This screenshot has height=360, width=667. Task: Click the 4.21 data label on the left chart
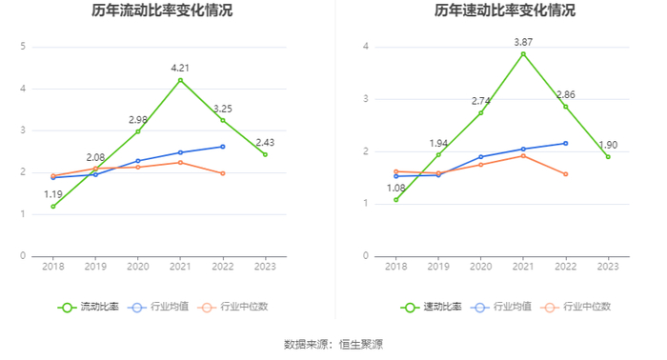180,68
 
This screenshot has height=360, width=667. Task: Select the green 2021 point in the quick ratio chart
523,54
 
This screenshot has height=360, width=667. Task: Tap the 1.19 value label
53,194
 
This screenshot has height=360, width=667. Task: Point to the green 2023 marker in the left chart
265,154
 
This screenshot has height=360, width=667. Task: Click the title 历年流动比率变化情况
162,10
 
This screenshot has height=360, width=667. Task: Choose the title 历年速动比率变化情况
504,10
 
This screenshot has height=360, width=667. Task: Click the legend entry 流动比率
89,307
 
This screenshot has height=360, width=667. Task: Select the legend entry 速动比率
431,307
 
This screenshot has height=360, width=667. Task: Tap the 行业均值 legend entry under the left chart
158,307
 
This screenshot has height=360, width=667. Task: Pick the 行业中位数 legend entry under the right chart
576,307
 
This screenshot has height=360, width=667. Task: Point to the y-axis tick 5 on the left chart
23,47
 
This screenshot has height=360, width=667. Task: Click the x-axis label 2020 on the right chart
480,267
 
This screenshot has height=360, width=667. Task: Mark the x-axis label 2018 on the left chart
53,267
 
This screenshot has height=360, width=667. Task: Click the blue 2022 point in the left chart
222,147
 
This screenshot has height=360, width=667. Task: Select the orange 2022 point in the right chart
566,174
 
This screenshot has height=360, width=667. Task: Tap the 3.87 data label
523,42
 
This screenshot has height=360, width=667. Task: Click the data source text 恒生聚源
361,344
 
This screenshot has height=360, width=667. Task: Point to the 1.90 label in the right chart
608,145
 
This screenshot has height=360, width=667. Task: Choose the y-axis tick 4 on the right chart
365,47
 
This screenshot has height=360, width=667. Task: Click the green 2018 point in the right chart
396,200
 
